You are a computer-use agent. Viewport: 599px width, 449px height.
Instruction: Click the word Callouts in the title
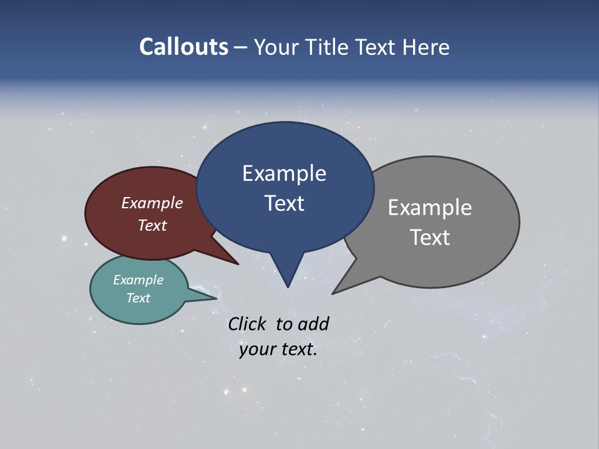pyautogui.click(x=183, y=47)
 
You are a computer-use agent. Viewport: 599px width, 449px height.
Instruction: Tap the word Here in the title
pyautogui.click(x=427, y=47)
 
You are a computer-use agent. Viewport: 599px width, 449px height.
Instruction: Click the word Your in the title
pyautogui.click(x=276, y=47)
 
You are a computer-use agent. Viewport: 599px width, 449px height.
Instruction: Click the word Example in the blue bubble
pyautogui.click(x=284, y=173)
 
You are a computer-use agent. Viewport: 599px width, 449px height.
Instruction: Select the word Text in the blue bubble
pyautogui.click(x=284, y=203)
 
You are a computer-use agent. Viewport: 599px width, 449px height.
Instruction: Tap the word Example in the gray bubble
pyautogui.click(x=429, y=208)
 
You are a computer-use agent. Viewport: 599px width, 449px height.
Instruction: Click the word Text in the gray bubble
pyautogui.click(x=429, y=238)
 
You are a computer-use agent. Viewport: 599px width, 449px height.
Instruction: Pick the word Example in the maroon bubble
pyautogui.click(x=152, y=203)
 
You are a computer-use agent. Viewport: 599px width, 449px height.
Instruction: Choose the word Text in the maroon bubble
pyautogui.click(x=152, y=226)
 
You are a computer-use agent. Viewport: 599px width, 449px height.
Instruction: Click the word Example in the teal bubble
pyautogui.click(x=138, y=280)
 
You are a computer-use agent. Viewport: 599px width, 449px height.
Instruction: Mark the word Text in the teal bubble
pyautogui.click(x=138, y=298)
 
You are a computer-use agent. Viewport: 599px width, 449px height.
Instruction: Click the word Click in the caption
pyautogui.click(x=247, y=324)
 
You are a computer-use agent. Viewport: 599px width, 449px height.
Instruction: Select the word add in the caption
pyautogui.click(x=313, y=324)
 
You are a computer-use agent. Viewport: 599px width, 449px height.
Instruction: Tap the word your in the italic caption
pyautogui.click(x=256, y=349)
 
